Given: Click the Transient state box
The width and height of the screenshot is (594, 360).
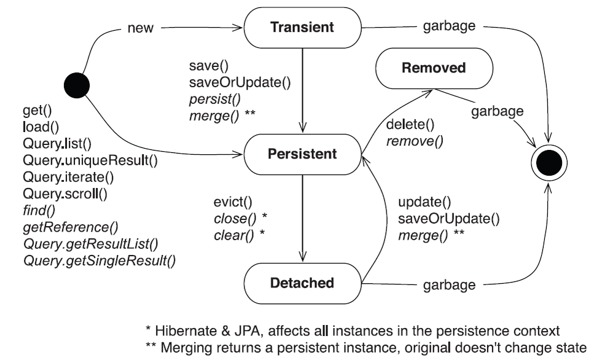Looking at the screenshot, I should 303,28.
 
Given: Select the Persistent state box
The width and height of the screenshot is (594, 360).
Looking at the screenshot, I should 303,154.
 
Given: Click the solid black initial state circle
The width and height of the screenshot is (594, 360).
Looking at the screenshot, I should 77,82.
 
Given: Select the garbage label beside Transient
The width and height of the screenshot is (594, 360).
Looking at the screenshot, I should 450,28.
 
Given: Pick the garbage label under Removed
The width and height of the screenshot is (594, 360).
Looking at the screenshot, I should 498,111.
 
